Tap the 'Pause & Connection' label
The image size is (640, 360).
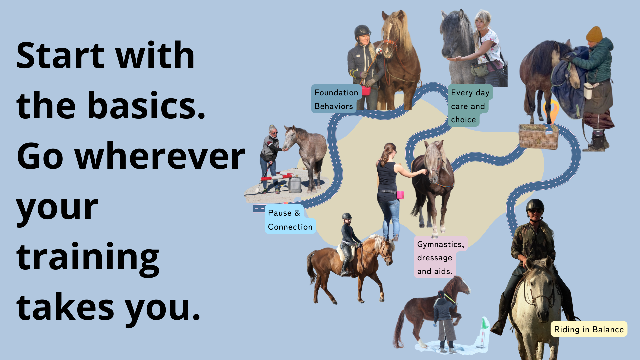point(290,220)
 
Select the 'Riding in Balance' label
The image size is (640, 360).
point(589,329)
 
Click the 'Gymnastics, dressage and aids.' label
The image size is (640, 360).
point(440,257)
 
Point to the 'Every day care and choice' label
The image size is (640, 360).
point(469,106)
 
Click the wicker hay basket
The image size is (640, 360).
point(538,136)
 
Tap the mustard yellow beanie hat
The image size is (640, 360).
point(594,34)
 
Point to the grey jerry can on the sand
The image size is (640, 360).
point(295,185)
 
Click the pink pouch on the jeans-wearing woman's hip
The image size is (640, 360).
point(400,195)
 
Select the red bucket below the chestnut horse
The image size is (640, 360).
point(366,91)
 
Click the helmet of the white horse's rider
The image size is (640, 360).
point(535,206)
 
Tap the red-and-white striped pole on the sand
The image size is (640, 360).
point(277,177)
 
